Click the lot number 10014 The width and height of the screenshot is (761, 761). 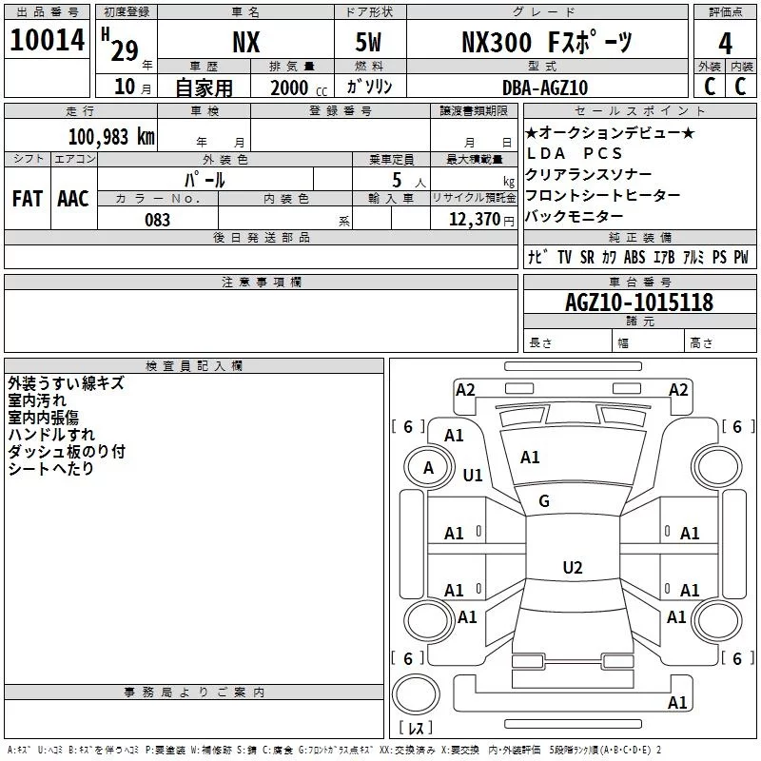tap(48, 41)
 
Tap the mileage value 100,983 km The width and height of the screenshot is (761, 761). tap(110, 137)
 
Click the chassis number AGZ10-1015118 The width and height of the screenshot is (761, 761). tap(638, 302)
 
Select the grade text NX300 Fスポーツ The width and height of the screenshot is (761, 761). tap(546, 43)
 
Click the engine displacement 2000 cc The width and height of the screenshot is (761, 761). tap(289, 88)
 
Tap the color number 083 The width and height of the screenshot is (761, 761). tap(157, 220)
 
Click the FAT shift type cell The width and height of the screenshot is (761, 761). tap(28, 199)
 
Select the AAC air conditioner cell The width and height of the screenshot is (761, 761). tap(73, 199)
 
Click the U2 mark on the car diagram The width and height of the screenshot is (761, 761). tap(572, 568)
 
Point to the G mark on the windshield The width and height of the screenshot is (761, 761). tap(544, 501)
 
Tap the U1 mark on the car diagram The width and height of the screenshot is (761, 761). tap(473, 475)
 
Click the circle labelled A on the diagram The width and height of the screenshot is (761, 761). tap(428, 467)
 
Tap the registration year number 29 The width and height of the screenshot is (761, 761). tap(124, 49)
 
